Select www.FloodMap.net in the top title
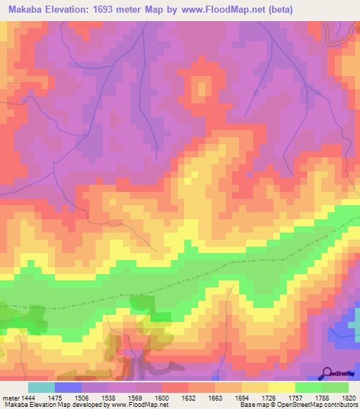click(x=219, y=9)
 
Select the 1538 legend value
click(x=108, y=398)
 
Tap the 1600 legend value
click(x=162, y=398)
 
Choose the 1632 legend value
click(x=189, y=398)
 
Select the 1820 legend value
click(x=349, y=398)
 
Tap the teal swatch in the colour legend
click(x=41, y=387)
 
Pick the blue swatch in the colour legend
click(x=68, y=387)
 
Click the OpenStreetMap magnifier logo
click(x=328, y=373)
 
